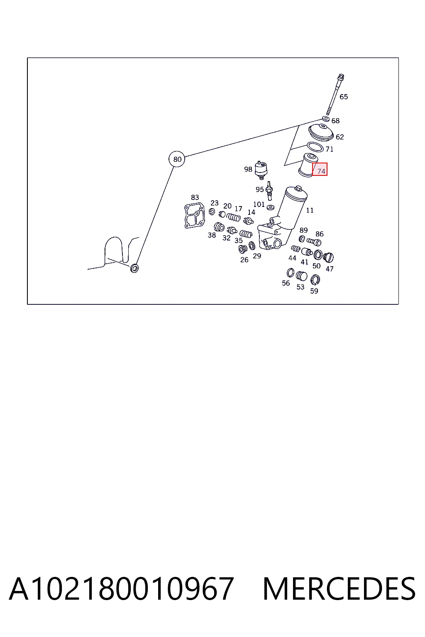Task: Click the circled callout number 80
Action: click(177, 159)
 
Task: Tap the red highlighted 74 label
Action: click(320, 169)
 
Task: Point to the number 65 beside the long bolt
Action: click(344, 97)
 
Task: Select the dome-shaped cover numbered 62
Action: click(321, 132)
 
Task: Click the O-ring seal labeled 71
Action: click(315, 147)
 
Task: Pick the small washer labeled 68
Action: click(326, 119)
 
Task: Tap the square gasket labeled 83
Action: click(194, 215)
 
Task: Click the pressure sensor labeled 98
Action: click(261, 170)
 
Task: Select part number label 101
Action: click(259, 204)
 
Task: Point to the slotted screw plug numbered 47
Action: click(328, 258)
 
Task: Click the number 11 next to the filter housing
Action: click(310, 210)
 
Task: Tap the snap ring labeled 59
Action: click(315, 280)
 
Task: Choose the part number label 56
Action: click(286, 283)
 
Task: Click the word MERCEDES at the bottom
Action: click(339, 589)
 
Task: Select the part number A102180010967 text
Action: click(122, 589)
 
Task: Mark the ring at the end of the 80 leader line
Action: click(134, 268)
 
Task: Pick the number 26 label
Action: click(244, 260)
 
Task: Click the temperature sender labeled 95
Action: click(269, 190)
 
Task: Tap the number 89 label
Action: click(303, 230)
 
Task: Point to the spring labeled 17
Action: click(234, 218)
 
